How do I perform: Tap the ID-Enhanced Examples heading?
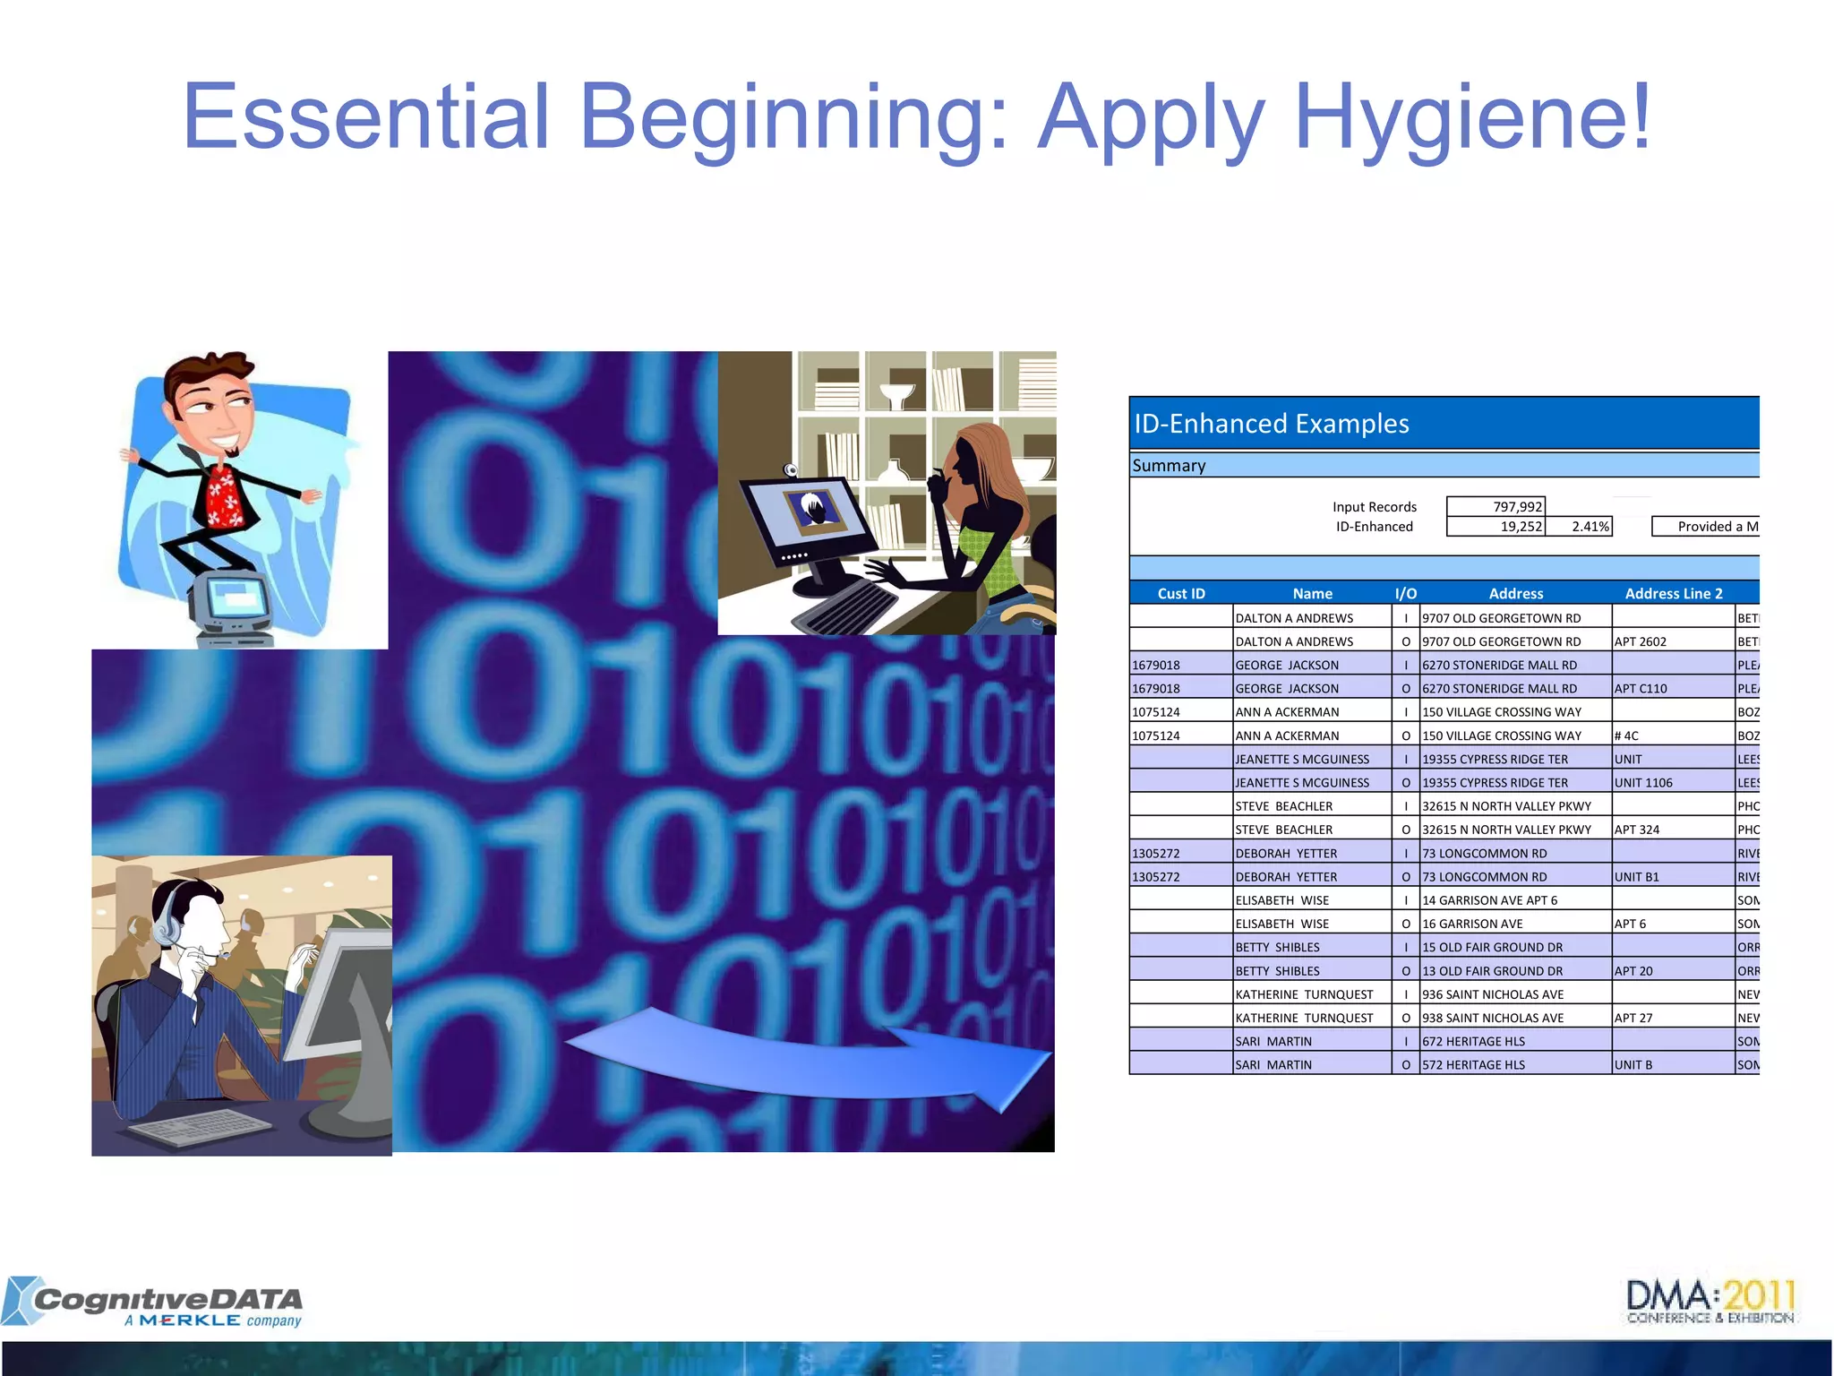tap(1271, 424)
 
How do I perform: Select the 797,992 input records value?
tap(1517, 507)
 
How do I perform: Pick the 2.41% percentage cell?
tap(1590, 527)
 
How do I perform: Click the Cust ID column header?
tap(1180, 594)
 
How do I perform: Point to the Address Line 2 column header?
tap(1673, 594)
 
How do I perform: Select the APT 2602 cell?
tap(1640, 641)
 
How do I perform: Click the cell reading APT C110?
tap(1641, 689)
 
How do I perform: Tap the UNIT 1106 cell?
tap(1643, 783)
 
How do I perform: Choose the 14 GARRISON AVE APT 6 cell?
tap(1489, 900)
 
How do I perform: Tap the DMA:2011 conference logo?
tap(1710, 1301)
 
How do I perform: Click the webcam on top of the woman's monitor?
tap(791, 470)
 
